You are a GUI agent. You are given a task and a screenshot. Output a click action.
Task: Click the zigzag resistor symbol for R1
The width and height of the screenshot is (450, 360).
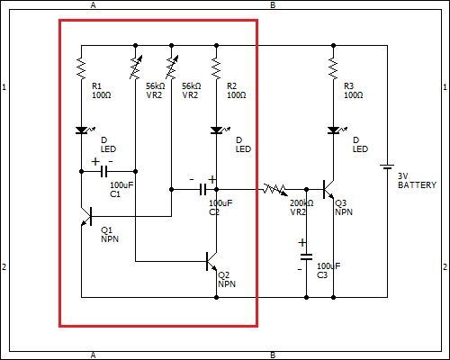81,69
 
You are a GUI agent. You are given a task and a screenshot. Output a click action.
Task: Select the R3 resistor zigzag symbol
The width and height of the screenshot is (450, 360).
333,69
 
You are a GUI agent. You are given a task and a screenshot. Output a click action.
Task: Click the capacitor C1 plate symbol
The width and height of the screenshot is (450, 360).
103,171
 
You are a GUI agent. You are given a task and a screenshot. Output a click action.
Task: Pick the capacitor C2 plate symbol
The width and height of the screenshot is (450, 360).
203,189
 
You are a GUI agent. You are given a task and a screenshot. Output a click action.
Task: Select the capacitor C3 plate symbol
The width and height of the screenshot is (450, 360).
306,257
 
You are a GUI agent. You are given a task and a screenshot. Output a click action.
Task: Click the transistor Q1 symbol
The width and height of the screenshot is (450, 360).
86,216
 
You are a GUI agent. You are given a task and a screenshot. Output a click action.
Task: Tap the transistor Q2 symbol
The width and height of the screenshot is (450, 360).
211,261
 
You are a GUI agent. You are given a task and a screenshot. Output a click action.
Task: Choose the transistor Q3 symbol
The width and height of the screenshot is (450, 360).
328,189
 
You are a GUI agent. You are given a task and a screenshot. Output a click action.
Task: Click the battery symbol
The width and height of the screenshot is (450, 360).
387,166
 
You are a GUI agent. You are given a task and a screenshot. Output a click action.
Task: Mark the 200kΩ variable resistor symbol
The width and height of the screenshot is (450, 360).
274,190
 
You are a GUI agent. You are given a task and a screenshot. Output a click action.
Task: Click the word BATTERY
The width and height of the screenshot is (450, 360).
417,185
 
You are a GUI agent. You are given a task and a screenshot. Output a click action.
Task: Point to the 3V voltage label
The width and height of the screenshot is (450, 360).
403,176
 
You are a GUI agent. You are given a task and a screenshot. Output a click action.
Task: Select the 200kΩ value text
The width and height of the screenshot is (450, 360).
301,203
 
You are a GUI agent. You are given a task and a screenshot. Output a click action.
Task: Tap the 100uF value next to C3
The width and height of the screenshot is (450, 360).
328,266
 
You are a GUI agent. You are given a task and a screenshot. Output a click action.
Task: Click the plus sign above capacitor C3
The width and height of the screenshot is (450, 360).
302,242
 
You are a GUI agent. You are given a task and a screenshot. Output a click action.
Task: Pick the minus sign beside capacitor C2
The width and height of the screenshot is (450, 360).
192,180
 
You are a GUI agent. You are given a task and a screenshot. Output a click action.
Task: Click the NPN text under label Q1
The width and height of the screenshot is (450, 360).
110,239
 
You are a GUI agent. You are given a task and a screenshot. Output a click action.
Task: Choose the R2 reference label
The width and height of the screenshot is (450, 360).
231,86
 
